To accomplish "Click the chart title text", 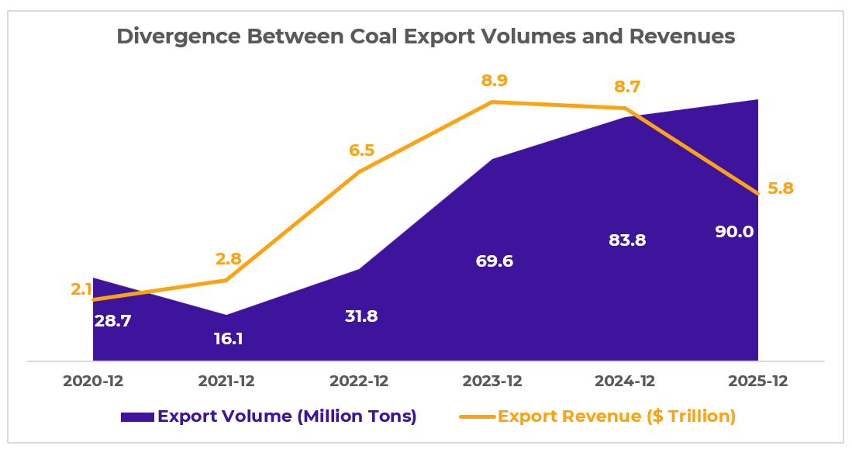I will tap(426, 36).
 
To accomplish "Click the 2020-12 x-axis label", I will tap(93, 382).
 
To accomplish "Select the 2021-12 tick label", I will tap(226, 382).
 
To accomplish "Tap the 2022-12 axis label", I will tap(359, 382).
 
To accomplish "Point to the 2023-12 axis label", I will tap(492, 382).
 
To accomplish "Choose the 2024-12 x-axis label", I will tap(625, 382).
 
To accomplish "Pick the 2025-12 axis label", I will tap(757, 382).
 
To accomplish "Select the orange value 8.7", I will tap(626, 86).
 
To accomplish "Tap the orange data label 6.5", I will tap(361, 150).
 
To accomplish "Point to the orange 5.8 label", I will tap(780, 188).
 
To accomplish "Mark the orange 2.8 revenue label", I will tap(229, 258).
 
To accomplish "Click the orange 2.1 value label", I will tap(81, 289).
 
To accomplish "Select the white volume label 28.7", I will tap(112, 320).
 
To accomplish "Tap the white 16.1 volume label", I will tap(229, 339).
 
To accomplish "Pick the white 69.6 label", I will tap(495, 261).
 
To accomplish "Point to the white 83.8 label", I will tap(627, 240).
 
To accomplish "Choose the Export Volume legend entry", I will tap(269, 416).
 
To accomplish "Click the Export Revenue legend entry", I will tap(598, 416).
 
